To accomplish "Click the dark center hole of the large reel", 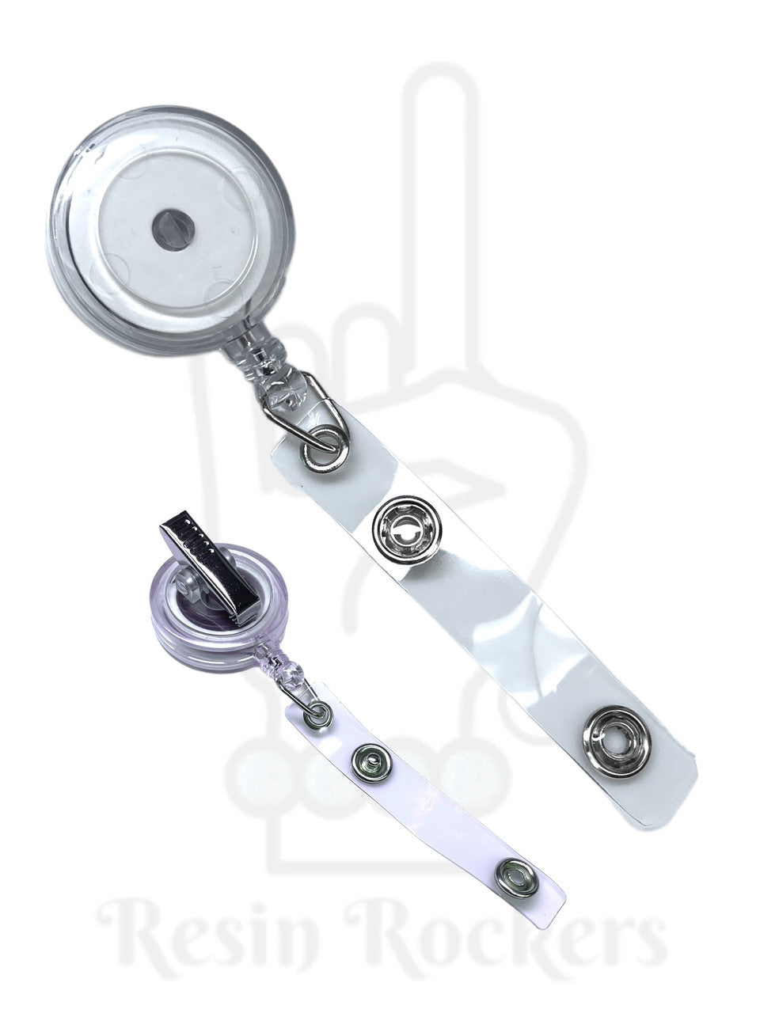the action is tap(173, 230).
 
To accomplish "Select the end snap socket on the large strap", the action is tap(617, 742).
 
